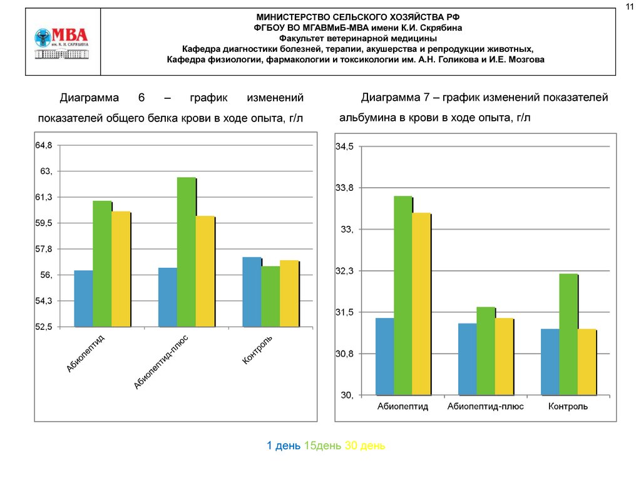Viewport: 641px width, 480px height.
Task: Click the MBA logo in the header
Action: click(x=61, y=42)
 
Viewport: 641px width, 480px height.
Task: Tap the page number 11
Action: click(x=630, y=7)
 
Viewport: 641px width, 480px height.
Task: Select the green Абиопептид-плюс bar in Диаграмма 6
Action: click(x=186, y=252)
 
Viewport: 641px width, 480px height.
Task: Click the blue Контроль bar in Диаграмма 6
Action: click(x=252, y=292)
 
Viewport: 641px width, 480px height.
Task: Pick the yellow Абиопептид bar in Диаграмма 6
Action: click(x=121, y=269)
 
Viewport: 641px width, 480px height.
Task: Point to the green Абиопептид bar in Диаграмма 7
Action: click(x=403, y=295)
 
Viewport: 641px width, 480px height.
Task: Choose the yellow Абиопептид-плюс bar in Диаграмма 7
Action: click(x=504, y=357)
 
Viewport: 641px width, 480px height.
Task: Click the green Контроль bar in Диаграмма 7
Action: click(x=568, y=334)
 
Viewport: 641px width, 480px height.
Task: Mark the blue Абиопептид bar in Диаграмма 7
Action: click(x=384, y=357)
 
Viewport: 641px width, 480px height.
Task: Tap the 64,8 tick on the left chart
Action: click(x=44, y=145)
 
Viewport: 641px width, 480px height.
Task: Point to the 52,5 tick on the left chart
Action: click(x=44, y=327)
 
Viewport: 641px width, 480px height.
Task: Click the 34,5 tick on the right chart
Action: click(x=345, y=146)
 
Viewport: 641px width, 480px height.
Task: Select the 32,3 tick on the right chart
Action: click(x=345, y=271)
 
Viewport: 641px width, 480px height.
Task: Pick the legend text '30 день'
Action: click(x=365, y=446)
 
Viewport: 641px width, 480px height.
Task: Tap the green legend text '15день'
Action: click(x=323, y=446)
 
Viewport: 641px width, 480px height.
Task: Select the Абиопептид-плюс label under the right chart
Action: click(x=486, y=407)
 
